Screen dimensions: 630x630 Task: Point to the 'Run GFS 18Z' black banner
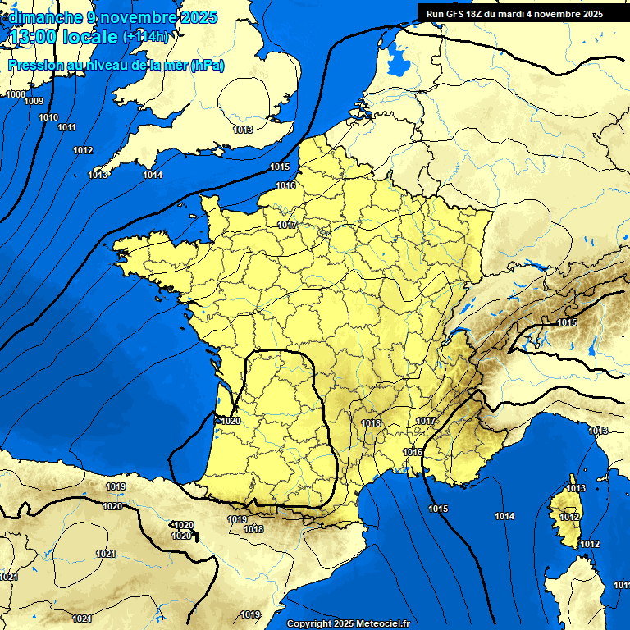click(514, 13)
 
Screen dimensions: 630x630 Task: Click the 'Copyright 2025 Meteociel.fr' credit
click(348, 623)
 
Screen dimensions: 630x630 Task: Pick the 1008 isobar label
click(15, 94)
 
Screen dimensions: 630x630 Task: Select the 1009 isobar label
click(34, 101)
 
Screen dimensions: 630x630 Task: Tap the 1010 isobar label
click(48, 117)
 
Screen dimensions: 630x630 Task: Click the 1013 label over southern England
click(242, 130)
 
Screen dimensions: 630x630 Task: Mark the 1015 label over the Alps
click(567, 322)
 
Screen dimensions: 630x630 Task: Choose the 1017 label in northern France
click(286, 225)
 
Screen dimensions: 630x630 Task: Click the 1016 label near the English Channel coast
click(285, 186)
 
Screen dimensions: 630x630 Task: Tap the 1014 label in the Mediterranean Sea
click(504, 516)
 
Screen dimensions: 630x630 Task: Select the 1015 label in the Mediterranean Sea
click(438, 509)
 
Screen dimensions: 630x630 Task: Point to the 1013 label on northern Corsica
click(577, 489)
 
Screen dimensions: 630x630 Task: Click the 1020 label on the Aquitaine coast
click(230, 421)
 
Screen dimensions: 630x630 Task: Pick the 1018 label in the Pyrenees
click(253, 529)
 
